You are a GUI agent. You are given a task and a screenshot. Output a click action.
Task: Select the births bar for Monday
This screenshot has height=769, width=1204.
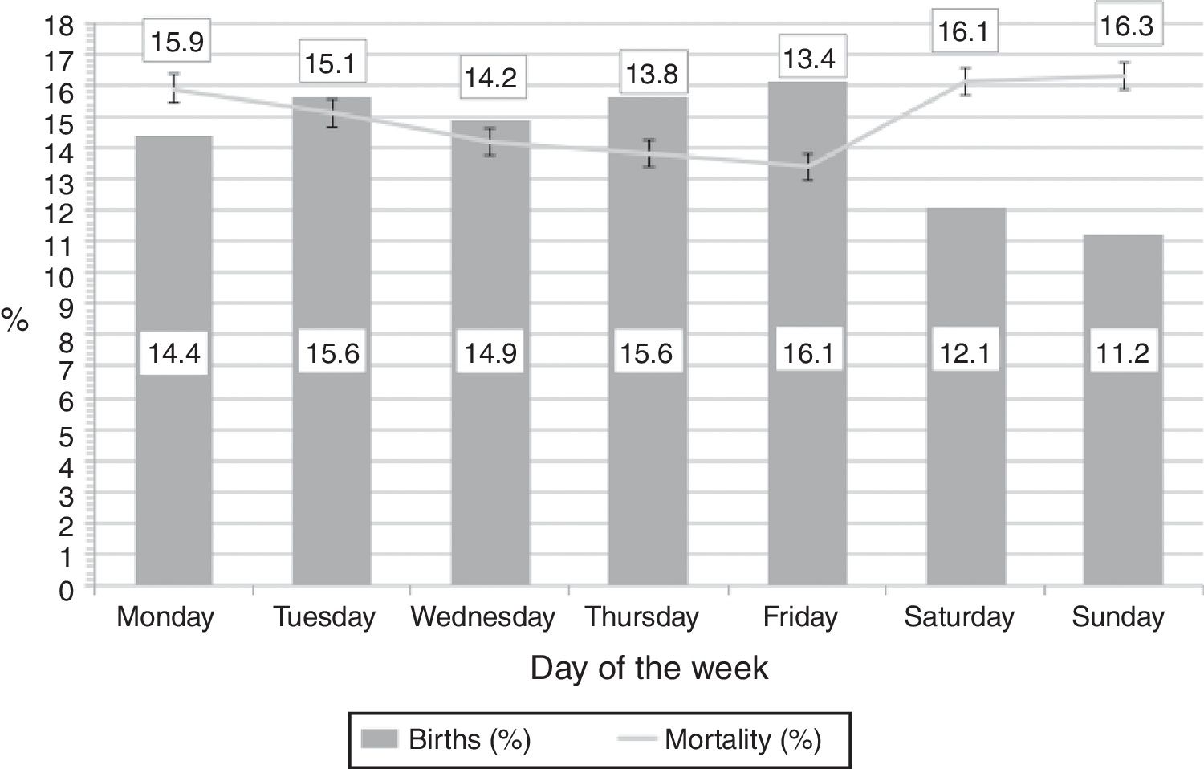173,482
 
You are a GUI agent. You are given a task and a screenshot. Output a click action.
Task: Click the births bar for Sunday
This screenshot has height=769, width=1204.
1122,482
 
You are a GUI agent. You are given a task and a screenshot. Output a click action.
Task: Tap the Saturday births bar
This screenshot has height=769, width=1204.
966,482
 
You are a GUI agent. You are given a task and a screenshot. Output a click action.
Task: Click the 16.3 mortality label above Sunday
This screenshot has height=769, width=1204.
1126,26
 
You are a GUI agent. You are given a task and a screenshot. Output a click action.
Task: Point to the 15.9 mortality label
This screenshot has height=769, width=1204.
177,42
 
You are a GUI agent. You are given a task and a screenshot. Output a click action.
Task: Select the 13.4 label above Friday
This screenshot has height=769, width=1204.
809,59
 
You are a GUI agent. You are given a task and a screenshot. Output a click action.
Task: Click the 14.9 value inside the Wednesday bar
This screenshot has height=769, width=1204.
491,352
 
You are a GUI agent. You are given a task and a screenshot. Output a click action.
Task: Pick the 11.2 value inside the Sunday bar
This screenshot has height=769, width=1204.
1123,352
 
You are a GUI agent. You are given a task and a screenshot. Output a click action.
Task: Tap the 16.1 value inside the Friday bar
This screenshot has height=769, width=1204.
807,352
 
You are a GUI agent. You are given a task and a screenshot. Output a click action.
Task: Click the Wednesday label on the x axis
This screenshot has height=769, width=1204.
482,617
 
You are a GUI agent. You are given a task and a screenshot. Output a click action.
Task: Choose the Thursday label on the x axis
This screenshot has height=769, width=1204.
641,617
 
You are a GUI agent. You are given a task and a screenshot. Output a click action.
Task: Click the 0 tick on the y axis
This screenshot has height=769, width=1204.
67,590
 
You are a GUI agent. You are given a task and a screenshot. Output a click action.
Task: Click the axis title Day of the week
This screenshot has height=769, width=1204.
649,669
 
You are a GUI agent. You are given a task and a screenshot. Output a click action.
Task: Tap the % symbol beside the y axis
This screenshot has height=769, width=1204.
15,320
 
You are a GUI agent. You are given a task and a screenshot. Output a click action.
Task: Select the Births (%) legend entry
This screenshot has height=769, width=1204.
446,739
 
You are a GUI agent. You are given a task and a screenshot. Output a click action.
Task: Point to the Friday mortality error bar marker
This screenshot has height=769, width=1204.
808,166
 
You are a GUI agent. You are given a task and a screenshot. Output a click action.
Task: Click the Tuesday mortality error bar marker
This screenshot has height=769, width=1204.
332,113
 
